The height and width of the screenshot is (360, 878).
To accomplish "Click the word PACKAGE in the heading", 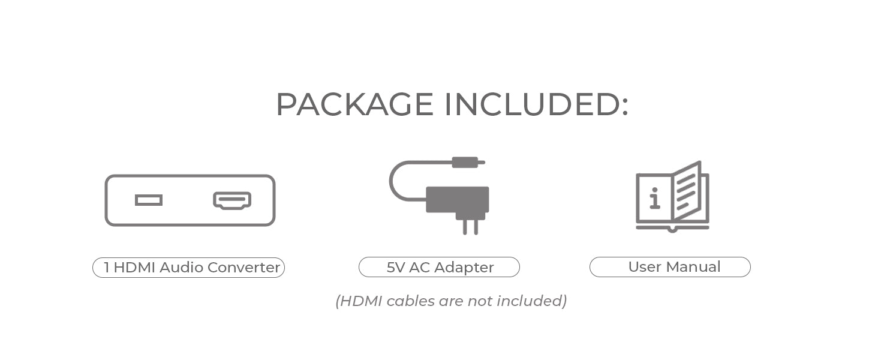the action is [x=354, y=104].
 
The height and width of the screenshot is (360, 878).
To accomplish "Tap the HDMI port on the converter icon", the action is [x=232, y=200].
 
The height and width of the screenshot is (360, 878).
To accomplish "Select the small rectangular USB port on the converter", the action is [x=149, y=200].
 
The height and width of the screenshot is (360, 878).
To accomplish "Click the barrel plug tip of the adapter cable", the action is [x=469, y=162].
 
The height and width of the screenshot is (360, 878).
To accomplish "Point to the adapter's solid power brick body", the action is [x=458, y=200].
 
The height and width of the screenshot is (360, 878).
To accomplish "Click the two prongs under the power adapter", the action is [x=470, y=227].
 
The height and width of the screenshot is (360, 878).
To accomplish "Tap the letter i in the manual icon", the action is [x=654, y=199].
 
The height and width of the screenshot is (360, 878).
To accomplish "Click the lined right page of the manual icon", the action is [x=686, y=191].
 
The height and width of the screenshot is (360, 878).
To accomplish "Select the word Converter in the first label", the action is [x=243, y=268].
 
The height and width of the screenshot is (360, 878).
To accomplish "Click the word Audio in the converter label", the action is [x=182, y=268].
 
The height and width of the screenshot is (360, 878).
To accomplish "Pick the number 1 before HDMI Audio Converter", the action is [x=106, y=268].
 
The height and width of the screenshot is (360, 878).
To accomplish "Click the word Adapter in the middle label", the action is [x=464, y=268].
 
